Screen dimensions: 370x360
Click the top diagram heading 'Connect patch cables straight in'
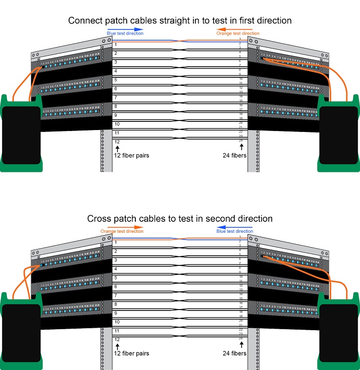point(180,21)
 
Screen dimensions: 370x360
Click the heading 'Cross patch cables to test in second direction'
point(180,219)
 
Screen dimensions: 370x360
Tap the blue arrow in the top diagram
point(125,29)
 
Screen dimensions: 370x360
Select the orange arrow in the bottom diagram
point(125,227)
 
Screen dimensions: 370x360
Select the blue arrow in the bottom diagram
point(235,227)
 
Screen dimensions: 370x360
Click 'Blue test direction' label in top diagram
point(124,34)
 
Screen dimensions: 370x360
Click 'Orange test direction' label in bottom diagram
point(122,231)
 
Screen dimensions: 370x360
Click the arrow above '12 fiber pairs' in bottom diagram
point(117,345)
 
